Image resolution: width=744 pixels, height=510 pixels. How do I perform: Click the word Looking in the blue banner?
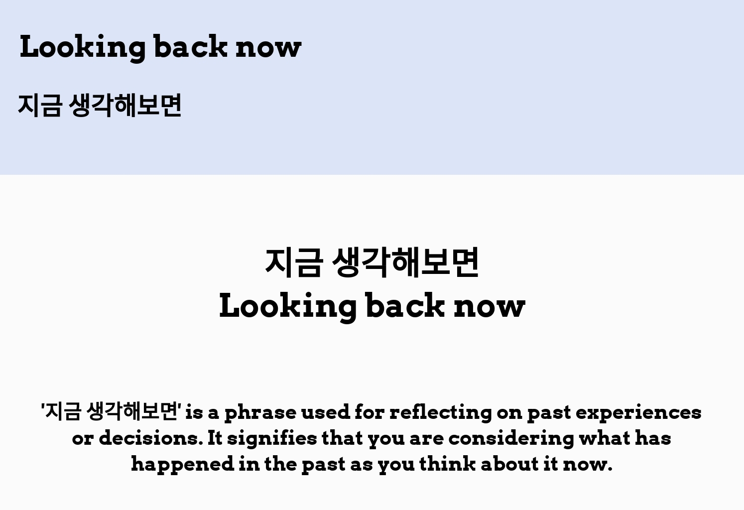(x=83, y=48)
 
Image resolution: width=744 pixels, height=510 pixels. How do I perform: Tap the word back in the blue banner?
(x=191, y=46)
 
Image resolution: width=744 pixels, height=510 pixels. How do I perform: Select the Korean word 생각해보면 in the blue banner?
(x=125, y=105)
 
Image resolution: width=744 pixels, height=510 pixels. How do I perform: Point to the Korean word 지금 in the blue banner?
(x=40, y=105)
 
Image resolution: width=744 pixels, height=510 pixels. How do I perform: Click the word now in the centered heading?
(x=490, y=306)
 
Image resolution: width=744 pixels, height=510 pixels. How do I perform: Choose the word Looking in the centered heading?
(x=288, y=307)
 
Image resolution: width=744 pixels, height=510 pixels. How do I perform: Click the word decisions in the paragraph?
(x=151, y=438)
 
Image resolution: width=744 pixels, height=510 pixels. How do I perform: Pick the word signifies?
(x=272, y=439)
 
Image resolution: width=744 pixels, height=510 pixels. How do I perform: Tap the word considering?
(x=511, y=439)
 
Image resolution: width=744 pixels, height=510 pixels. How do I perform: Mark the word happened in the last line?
(x=183, y=465)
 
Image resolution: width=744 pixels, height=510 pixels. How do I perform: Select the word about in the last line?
(x=509, y=464)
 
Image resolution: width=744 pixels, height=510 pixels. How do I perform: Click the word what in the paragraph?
(x=605, y=438)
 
